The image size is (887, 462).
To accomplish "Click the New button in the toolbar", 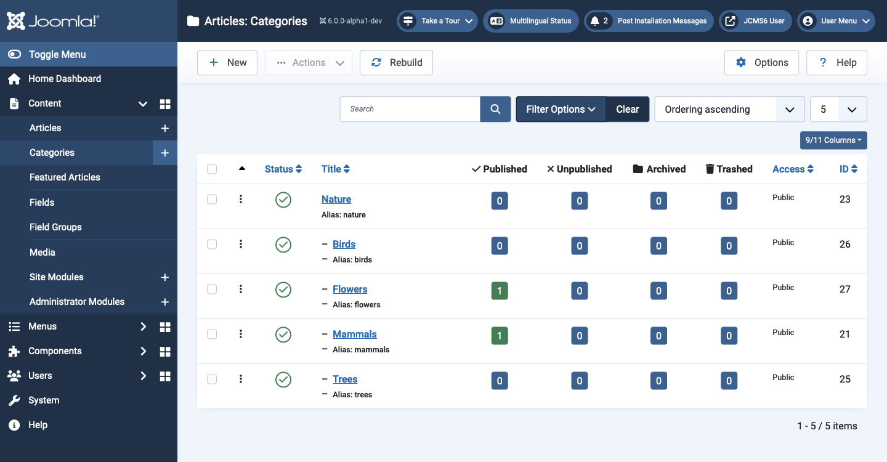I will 227,63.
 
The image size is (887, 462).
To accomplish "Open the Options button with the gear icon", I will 761,63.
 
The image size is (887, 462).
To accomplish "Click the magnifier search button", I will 495,109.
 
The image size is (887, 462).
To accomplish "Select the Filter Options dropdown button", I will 561,109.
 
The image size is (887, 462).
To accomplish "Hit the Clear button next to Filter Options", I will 627,109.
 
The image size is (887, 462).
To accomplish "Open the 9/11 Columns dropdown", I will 833,140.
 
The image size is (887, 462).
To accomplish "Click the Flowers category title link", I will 350,289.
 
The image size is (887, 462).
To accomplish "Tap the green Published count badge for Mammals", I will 500,336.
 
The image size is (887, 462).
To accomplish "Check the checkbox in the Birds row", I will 212,245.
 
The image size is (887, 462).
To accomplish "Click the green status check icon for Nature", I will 283,200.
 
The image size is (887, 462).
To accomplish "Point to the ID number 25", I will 845,379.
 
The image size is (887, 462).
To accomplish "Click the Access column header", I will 793,169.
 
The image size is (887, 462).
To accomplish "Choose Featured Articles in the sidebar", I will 65,177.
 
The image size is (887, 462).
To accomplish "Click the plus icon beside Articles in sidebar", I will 164,128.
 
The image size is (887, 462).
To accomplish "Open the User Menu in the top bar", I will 836,21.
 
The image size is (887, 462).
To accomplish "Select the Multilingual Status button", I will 531,21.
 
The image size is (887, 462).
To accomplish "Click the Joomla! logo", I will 52,21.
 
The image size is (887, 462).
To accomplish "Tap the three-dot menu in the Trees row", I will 241,379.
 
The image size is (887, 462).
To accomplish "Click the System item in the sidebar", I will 44,400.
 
